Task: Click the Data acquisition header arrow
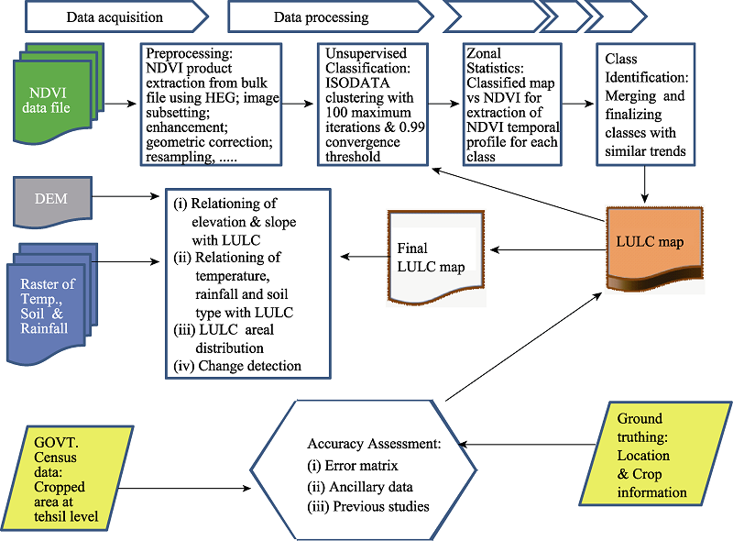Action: tap(115, 17)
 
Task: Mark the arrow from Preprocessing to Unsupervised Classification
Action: tap(300, 104)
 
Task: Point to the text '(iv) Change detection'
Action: tap(238, 367)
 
